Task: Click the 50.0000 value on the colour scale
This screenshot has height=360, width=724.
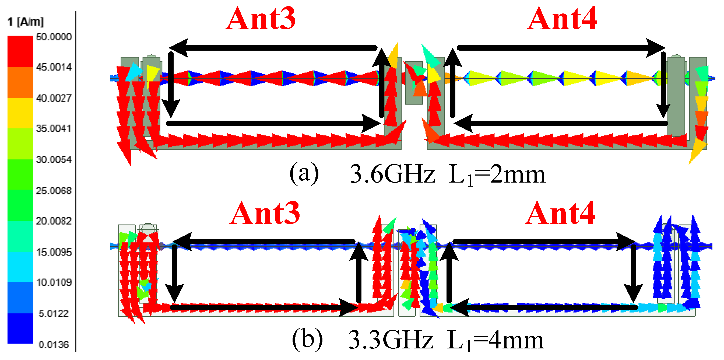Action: (x=54, y=37)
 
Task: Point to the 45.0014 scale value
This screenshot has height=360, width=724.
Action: (x=54, y=67)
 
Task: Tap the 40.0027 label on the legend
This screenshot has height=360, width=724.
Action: (x=54, y=98)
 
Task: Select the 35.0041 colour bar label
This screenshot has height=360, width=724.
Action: (x=54, y=128)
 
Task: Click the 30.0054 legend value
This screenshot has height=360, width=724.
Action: (x=54, y=159)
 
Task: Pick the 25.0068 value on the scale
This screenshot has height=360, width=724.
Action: (x=54, y=191)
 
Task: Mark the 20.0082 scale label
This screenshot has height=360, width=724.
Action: (x=54, y=221)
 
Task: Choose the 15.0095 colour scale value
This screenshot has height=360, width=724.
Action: (x=54, y=252)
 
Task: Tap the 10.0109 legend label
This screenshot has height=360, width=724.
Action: (x=54, y=282)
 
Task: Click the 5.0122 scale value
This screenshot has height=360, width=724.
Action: (x=54, y=313)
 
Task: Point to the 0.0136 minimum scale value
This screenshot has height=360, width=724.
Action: (x=54, y=345)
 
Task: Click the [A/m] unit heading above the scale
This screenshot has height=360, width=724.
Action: (x=30, y=22)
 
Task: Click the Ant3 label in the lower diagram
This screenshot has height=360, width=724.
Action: (x=265, y=213)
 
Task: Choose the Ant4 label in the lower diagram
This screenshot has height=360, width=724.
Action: (x=560, y=213)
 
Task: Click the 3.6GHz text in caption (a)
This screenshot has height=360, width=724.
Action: (x=392, y=174)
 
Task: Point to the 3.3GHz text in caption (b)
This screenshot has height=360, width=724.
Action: (x=391, y=340)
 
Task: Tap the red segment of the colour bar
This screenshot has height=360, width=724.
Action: (x=20, y=51)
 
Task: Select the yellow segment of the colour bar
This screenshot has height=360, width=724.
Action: (x=20, y=113)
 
